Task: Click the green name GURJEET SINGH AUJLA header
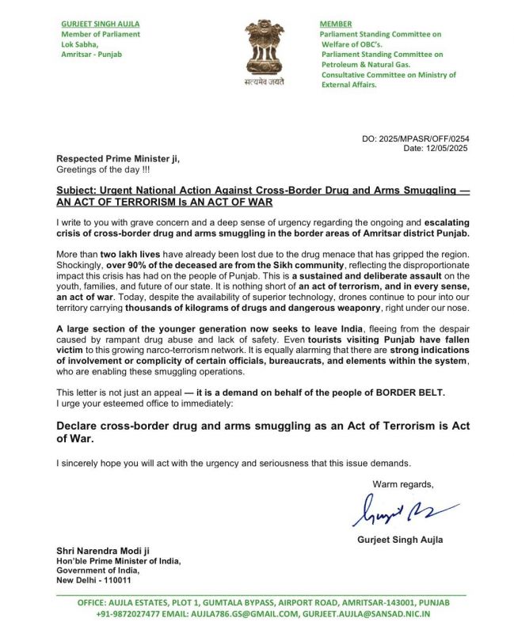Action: pyautogui.click(x=101, y=24)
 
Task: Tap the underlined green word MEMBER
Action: pyautogui.click(x=336, y=24)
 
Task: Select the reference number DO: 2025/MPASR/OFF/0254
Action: pyautogui.click(x=412, y=139)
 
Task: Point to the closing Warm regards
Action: pyautogui.click(x=403, y=483)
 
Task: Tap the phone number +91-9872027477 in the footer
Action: pyautogui.click(x=134, y=613)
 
